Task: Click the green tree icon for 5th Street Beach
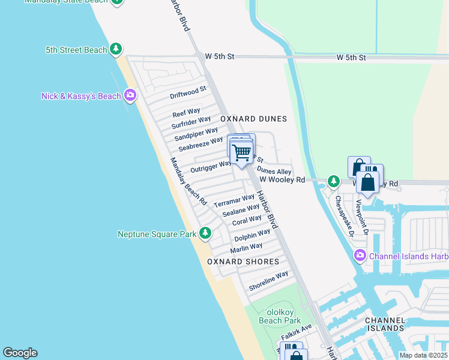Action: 116,50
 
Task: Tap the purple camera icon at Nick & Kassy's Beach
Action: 130,95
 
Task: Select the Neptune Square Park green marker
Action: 205,233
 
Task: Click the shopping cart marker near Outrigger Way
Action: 241,153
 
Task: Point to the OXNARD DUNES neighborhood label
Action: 253,119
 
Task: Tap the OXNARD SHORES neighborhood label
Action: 243,262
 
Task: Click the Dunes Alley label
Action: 274,172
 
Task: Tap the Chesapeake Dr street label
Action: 344,216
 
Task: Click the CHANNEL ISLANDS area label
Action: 385,324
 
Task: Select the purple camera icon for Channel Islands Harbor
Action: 360,256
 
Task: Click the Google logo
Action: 20,353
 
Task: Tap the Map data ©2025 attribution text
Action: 423,355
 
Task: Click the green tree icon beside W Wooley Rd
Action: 333,181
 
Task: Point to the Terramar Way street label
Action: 234,201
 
